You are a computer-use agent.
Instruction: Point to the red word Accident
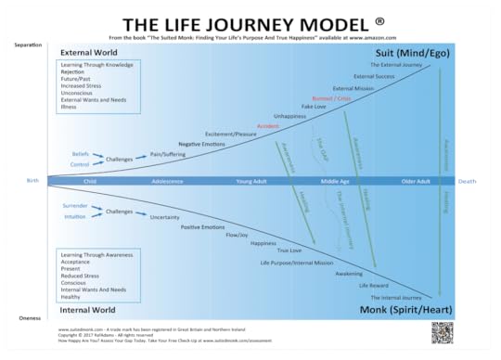(x=268, y=125)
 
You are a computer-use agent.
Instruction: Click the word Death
(x=469, y=181)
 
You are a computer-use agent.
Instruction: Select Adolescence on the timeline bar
(x=167, y=181)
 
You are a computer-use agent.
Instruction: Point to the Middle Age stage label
(x=334, y=181)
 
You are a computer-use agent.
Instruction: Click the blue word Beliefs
(x=81, y=153)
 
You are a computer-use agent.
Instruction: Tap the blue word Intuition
(x=77, y=216)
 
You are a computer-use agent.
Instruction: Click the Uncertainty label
(x=164, y=217)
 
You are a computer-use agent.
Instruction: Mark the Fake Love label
(x=314, y=107)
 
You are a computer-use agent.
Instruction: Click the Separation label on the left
(x=29, y=45)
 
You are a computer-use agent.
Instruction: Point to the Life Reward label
(x=374, y=285)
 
